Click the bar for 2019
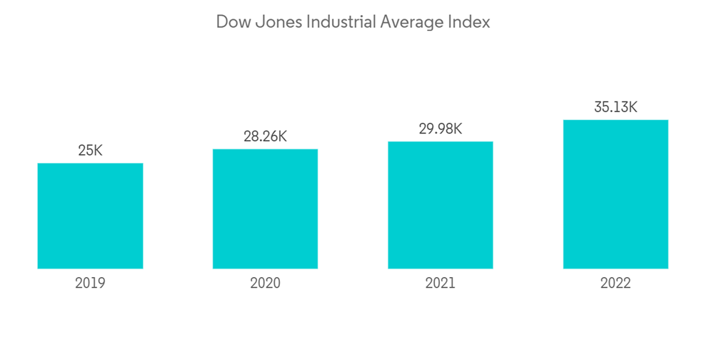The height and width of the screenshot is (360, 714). [90, 216]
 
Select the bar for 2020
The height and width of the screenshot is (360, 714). [265, 209]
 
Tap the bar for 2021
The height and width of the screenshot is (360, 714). [441, 205]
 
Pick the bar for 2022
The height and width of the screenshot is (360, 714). [615, 194]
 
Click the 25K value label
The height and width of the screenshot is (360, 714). [90, 151]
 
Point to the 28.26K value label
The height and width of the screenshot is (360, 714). [265, 136]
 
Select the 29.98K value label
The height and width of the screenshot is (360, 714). [441, 129]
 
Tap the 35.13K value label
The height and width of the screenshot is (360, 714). [615, 107]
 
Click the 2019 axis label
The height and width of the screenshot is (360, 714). [90, 284]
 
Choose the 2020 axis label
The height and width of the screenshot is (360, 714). [265, 284]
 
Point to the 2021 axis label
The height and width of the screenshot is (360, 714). [441, 284]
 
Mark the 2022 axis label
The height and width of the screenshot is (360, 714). [615, 284]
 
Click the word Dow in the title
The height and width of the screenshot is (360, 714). [231, 22]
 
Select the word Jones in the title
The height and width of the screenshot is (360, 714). [275, 22]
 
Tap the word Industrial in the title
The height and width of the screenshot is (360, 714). [338, 22]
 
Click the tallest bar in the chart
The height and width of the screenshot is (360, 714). [615, 194]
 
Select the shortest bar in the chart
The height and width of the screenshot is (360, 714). [90, 216]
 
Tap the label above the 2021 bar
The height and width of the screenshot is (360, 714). [441, 129]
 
